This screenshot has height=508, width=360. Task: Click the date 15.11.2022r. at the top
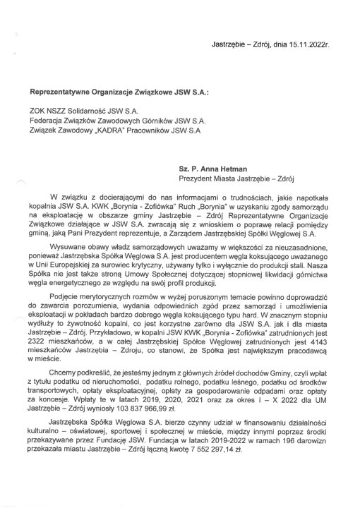click(309, 44)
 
